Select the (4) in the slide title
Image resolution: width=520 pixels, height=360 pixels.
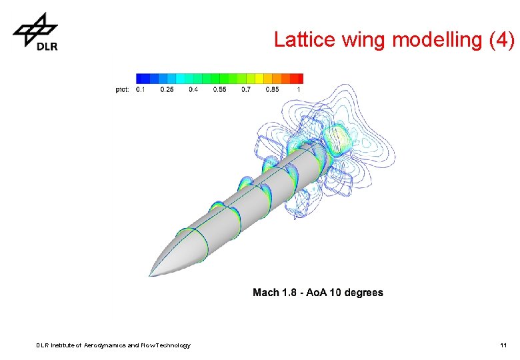[501, 40]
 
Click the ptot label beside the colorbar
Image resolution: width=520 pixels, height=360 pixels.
[123, 90]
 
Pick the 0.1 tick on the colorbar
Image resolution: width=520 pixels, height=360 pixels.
[141, 90]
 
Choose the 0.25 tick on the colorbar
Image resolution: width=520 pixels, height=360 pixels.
[167, 90]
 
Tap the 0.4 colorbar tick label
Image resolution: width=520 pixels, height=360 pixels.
[194, 90]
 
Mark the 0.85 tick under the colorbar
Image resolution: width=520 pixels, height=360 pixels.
[273, 90]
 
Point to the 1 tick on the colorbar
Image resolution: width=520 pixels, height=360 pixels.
[299, 90]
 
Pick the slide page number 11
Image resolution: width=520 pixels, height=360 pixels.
[504, 345]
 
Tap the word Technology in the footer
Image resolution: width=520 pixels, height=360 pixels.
[172, 345]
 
